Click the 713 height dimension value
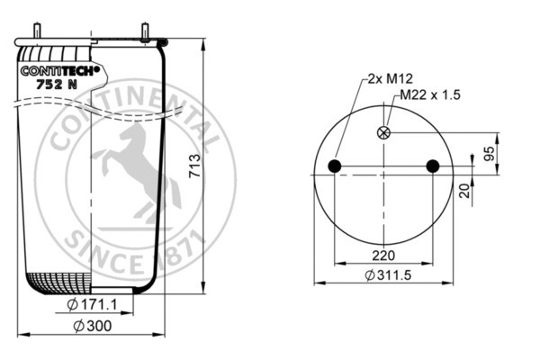click(x=195, y=166)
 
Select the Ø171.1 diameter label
click(x=92, y=304)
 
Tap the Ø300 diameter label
click(x=93, y=326)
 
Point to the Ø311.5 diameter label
click(x=388, y=275)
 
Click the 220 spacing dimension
click(x=383, y=256)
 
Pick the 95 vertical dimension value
click(x=489, y=153)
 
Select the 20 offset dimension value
click(x=464, y=191)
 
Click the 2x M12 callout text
click(x=391, y=79)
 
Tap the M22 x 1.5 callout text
click(x=430, y=94)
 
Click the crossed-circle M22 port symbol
click(x=383, y=132)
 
